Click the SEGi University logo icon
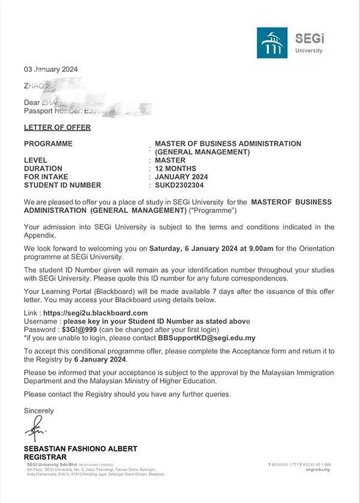tap(272, 43)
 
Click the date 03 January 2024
tap(50, 70)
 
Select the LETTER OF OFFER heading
tap(58, 127)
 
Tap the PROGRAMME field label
tap(48, 144)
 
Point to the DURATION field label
tap(43, 169)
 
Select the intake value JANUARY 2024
tap(181, 177)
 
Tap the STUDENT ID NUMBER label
tap(62, 185)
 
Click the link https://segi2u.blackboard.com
tap(95, 313)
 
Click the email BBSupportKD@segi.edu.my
tap(215, 338)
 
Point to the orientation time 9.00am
tap(260, 248)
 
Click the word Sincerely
tap(38, 411)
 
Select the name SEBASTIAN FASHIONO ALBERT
tap(80, 448)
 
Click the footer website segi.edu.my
tap(318, 471)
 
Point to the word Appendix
tap(38, 236)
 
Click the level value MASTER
tap(170, 161)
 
